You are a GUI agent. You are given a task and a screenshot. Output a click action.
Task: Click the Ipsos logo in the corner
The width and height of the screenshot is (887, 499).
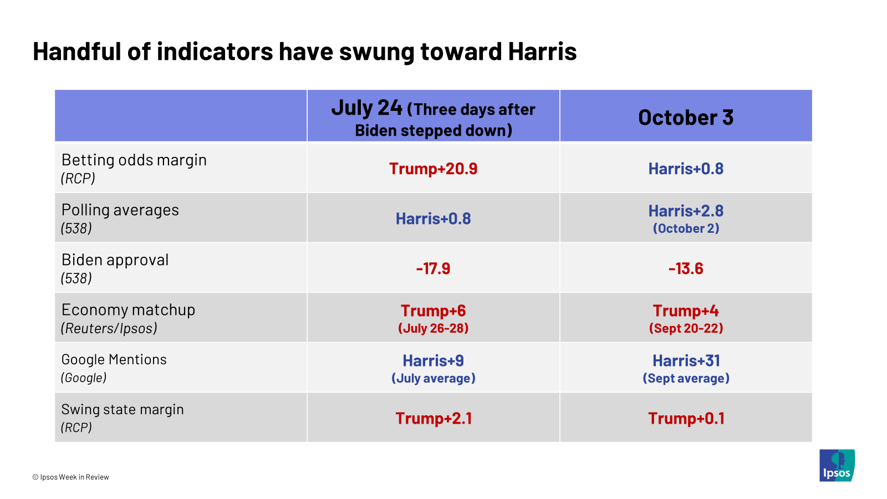837,465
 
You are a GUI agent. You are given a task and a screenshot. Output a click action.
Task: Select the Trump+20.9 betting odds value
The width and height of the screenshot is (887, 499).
433,169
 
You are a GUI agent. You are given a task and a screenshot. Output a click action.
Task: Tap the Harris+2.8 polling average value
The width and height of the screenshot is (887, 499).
685,211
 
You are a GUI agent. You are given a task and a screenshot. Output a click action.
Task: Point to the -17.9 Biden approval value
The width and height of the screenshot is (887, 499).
433,268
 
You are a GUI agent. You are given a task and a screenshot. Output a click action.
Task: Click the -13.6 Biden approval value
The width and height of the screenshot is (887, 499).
685,268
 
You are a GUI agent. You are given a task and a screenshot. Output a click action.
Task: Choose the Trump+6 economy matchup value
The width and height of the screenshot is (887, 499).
433,310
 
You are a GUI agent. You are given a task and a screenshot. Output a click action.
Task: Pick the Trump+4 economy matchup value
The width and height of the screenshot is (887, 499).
685,310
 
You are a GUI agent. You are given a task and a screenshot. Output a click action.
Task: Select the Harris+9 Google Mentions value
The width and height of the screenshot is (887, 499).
433,360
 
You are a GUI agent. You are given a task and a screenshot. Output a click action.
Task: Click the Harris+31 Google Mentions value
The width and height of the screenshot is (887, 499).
685,360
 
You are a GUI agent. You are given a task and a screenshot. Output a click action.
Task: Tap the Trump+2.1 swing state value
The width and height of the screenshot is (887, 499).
433,418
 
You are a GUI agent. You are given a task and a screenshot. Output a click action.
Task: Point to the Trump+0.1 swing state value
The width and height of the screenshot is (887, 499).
685,418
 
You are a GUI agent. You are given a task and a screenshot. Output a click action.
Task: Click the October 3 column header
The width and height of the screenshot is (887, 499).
685,117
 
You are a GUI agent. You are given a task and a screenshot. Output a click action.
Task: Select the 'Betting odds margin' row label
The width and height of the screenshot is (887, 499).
134,160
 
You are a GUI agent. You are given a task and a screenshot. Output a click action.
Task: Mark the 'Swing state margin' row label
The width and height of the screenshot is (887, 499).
123,409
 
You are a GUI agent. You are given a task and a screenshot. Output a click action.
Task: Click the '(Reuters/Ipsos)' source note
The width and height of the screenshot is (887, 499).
109,328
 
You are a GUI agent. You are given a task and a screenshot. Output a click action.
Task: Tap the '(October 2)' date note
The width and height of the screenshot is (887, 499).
685,228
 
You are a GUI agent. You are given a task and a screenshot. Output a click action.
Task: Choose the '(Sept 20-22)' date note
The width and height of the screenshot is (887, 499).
685,328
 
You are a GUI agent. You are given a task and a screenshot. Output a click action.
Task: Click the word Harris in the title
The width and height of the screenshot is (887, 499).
542,52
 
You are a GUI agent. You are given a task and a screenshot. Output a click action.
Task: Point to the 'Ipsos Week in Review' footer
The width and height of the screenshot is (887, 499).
70,477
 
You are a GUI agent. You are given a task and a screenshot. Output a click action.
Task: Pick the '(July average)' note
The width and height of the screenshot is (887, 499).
433,378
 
